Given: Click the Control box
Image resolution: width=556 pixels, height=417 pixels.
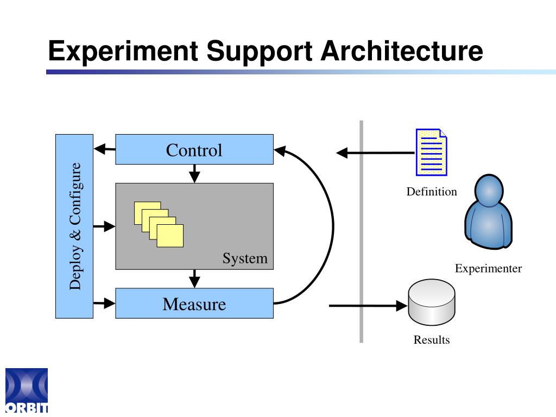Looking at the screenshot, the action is [x=194, y=149].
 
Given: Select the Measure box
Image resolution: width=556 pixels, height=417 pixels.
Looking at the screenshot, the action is [x=194, y=303].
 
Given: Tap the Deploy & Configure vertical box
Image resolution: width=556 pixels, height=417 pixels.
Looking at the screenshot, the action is [x=74, y=226].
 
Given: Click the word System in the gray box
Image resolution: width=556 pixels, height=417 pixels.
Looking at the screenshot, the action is [x=245, y=258].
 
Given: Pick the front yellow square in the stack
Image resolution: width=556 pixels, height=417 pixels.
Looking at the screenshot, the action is [x=170, y=236].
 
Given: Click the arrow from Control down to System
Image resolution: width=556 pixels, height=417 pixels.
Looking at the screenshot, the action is [x=194, y=174].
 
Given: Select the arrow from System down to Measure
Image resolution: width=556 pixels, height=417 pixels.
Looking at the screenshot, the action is [x=194, y=279].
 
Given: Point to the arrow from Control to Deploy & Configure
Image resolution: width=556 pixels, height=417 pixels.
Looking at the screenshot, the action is [x=105, y=149].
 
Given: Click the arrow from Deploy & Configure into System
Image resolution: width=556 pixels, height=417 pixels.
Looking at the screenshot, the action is [x=104, y=226].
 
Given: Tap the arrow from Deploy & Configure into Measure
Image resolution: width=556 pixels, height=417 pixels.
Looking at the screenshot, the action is [x=104, y=303].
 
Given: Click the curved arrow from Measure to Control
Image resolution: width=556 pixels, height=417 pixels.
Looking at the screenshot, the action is [x=333, y=227].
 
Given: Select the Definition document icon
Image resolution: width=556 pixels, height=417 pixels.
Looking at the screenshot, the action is [x=431, y=152].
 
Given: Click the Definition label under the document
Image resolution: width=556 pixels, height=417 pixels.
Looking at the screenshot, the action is [x=432, y=192].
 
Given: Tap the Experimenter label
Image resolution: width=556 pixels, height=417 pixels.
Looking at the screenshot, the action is [x=488, y=268].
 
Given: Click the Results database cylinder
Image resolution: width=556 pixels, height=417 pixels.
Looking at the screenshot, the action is [x=432, y=302].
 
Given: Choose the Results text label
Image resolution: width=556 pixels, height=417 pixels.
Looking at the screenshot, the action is [x=432, y=340].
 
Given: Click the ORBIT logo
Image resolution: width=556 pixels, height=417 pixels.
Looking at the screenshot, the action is [x=27, y=390].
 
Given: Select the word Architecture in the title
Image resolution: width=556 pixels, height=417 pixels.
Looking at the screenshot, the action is [x=402, y=51].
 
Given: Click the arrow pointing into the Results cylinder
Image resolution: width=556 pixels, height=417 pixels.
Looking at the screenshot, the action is [x=368, y=305].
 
